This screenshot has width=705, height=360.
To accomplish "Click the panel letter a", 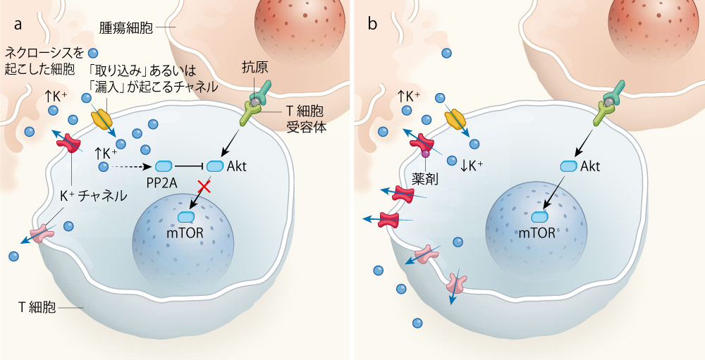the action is [x=18, y=25].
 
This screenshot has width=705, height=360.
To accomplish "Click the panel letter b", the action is [x=372, y=23].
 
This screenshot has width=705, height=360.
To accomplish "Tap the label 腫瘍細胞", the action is [x=126, y=28].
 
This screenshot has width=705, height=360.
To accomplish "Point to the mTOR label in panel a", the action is [x=185, y=232].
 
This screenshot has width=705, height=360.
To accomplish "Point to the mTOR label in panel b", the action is [x=537, y=232].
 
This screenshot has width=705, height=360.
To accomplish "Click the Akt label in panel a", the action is [x=237, y=166].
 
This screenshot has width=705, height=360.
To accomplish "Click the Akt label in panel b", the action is [x=590, y=167].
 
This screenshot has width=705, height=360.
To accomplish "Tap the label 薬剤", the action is [x=425, y=180].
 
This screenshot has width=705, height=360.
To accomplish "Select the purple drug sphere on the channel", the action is [x=425, y=154].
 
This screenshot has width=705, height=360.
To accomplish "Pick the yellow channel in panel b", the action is [x=455, y=118].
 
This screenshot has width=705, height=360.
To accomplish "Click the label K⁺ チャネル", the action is [x=94, y=196].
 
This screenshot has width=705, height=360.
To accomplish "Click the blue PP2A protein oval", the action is [x=164, y=167].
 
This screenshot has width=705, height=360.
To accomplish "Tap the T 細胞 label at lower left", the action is [x=37, y=307].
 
